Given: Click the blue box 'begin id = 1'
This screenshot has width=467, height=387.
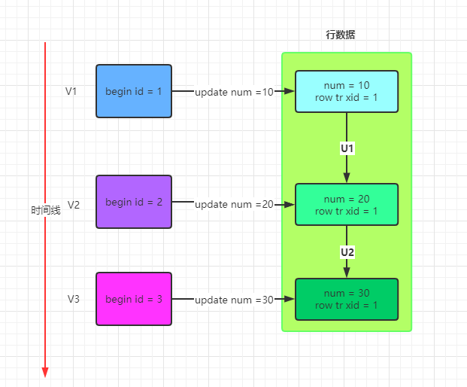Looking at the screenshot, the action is pos(134,91).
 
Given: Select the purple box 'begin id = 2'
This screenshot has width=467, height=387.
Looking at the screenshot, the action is pos(134,202).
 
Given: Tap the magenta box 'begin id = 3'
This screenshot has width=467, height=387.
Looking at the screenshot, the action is pos(134,299).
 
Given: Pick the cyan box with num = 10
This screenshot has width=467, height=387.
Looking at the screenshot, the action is pos(347,91).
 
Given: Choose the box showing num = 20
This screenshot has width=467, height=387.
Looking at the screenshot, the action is pos(347,205).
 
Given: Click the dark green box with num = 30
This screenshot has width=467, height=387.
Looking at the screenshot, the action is pos(347,299).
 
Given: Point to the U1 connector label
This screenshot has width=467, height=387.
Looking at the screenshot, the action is pos(347,148).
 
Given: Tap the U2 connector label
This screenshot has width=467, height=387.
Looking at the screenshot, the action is pos(347,252).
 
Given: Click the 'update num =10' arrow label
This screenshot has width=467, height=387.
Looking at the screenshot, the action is pos(234,92).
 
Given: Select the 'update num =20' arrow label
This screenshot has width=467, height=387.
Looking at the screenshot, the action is pos(234,205).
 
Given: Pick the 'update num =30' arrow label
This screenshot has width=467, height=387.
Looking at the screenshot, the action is pos(234,300).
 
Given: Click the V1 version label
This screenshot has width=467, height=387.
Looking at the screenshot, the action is pos(71,91).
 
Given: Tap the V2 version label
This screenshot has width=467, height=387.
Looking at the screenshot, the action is pos(74,205).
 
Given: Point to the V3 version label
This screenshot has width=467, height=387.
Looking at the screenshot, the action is pos(74,299).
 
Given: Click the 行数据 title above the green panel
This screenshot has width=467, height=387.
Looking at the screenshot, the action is pos(341,35).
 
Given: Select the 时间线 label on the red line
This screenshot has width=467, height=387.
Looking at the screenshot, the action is pos(46,210).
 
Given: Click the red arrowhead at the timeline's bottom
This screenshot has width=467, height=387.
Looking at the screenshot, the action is pos(45,373).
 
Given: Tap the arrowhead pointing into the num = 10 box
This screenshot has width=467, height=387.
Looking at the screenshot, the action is pos(290,91).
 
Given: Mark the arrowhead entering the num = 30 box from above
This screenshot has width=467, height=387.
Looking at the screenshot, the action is pos(347,273).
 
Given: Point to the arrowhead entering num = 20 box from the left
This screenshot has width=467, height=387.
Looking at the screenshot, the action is pos(290,205).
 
